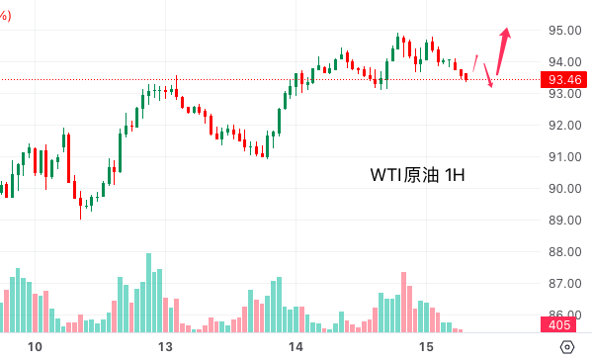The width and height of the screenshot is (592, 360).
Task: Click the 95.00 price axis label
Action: coord(564,31)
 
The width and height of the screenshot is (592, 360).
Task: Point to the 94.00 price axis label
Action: coord(564,61)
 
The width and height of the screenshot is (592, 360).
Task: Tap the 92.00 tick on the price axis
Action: coord(564,125)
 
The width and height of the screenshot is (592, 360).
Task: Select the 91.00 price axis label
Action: coord(564,157)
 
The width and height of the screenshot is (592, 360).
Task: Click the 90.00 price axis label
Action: coord(564,188)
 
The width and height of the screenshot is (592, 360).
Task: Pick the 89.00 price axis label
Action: coord(564,220)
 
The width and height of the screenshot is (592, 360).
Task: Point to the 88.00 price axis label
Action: coord(564,251)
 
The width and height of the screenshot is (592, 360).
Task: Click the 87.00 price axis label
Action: coord(564,283)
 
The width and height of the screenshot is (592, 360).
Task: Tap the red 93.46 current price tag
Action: coord(564,80)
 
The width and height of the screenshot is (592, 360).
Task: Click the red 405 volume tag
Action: coord(558,324)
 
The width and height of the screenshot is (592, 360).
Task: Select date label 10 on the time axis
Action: coord(35,347)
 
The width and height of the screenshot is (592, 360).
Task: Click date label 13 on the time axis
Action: coord(165,347)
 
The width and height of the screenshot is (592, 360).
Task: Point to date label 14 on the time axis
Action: coord(296,347)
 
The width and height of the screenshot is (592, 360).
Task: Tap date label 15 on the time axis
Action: coord(426,347)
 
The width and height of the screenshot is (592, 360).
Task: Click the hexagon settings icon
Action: coord(567,347)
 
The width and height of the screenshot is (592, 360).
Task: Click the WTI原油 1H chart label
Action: coord(417,175)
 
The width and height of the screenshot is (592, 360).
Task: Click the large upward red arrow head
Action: coord(506,33)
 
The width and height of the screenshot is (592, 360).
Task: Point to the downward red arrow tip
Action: coord(491,87)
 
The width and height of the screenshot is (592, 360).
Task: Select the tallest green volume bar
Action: coord(149,293)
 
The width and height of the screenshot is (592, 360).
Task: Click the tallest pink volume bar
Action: coord(403,303)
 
